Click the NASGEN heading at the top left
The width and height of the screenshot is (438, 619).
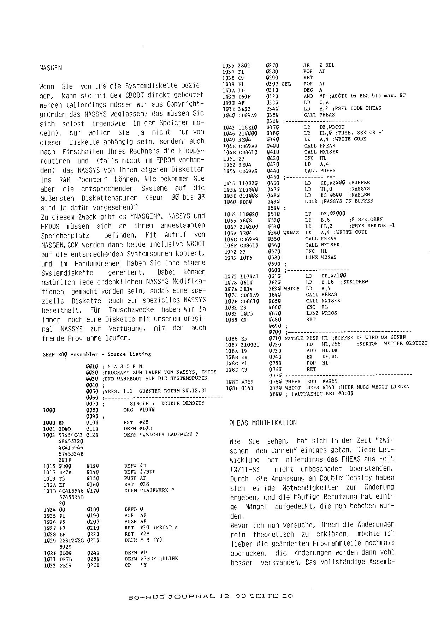point(51,68)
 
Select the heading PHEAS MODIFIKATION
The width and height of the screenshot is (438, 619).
point(263,423)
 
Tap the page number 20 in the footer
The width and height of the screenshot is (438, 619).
point(287,596)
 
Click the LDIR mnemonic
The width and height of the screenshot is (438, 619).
point(310,201)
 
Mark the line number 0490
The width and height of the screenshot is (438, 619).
point(273,201)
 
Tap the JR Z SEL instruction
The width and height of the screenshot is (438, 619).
point(319,65)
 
